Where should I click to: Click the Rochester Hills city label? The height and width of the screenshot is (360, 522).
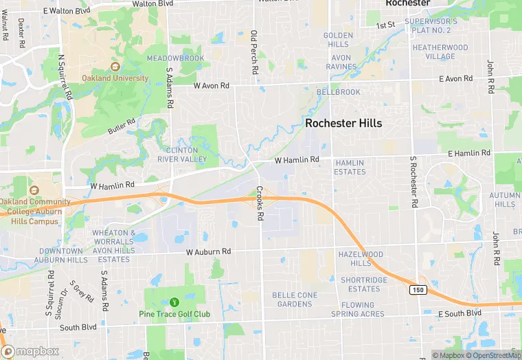(343, 124)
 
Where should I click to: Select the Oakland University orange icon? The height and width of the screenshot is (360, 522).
(115, 67)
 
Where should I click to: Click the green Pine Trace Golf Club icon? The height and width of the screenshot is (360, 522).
(174, 302)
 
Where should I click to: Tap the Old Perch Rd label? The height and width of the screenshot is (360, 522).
(254, 52)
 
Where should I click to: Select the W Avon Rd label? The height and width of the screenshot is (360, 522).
(211, 87)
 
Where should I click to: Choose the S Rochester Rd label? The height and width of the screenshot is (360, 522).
(413, 182)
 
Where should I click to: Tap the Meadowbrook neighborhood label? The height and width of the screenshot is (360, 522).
(175, 58)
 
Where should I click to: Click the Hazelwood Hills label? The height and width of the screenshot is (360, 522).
(361, 259)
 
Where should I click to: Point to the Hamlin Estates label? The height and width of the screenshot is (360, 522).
(350, 167)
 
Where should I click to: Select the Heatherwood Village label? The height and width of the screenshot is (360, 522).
(440, 52)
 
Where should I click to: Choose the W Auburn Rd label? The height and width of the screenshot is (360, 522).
(207, 253)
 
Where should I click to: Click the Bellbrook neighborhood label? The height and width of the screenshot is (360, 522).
(339, 91)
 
